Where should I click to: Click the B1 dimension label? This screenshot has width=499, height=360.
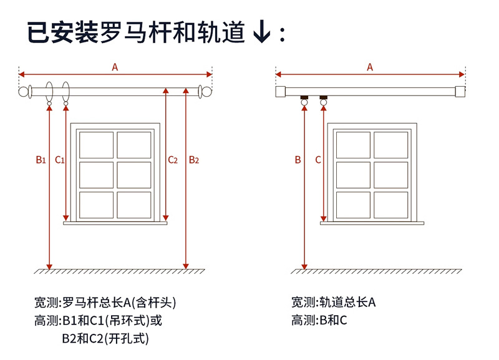point(41,160)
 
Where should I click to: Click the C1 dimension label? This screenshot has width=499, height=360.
point(60,160)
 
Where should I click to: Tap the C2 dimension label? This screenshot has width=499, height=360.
point(173,160)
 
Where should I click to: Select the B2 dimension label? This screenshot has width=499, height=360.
point(194,160)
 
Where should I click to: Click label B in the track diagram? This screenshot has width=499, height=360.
point(298,160)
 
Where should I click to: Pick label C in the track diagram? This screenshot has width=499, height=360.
point(318,160)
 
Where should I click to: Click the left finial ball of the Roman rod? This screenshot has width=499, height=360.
point(25,92)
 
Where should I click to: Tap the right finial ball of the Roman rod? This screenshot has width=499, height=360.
point(208,92)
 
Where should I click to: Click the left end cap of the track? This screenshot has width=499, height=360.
point(281,92)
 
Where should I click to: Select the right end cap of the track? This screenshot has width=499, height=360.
point(460,92)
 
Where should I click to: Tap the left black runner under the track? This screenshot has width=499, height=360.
point(304,98)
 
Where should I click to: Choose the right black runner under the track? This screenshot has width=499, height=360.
point(323,98)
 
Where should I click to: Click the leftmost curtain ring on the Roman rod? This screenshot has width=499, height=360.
point(50,92)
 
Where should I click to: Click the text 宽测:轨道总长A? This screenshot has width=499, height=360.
point(333,303)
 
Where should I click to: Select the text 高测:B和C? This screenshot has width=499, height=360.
point(319,321)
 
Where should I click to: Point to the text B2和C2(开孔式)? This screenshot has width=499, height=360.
point(105,339)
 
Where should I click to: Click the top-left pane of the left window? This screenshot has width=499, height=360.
point(96,145)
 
